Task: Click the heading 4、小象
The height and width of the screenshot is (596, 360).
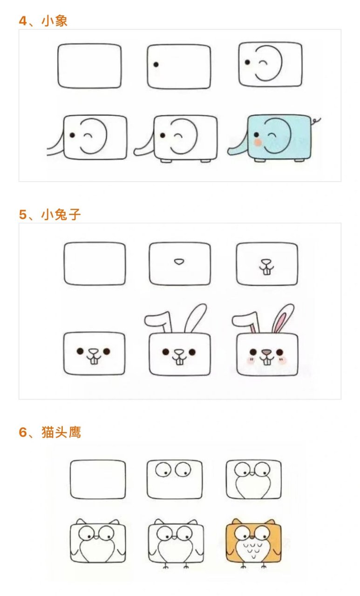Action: (43, 21)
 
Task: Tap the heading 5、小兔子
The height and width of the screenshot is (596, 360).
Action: (50, 215)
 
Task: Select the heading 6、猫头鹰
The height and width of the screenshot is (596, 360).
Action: (50, 433)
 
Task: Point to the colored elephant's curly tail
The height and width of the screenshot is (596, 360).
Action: (317, 121)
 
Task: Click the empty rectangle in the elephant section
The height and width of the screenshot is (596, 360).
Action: (89, 66)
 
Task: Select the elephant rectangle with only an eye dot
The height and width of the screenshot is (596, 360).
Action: (179, 66)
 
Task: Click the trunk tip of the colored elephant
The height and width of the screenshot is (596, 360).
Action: (230, 152)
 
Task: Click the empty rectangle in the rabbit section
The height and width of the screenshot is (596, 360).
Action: (95, 264)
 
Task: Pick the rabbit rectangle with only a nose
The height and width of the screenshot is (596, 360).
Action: (180, 264)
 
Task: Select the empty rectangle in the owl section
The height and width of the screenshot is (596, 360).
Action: (98, 480)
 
